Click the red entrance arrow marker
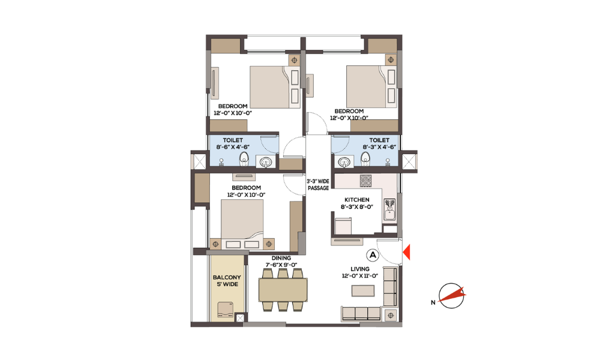coord(407,252)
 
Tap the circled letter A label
coord(373,255)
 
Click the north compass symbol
coord(451,296)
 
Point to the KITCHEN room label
coord(356,200)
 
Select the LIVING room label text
coord(360,269)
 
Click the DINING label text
coord(281,258)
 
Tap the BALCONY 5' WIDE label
coord(227,281)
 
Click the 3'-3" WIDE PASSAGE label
coord(318,185)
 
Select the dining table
coord(283,290)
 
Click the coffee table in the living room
coord(363,291)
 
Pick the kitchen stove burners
coord(365,181)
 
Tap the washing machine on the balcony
coord(225,309)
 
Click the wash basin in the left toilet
coord(266,162)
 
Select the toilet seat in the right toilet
coord(365,159)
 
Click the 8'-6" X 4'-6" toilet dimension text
coord(233,147)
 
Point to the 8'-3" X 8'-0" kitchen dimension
coord(356,206)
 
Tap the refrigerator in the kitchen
coord(343,226)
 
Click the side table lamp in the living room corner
coord(391,315)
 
